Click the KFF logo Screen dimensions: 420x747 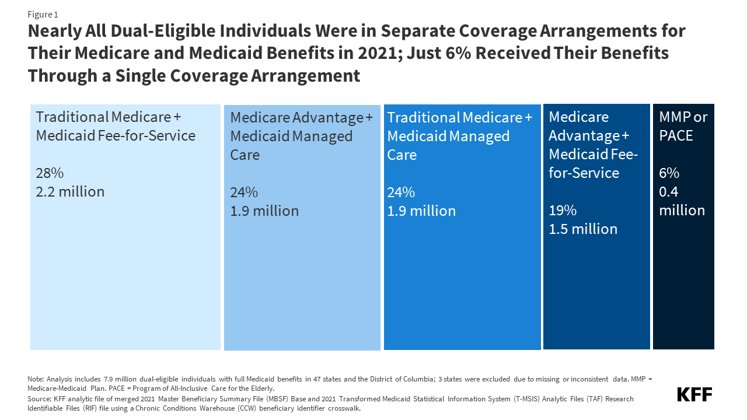pos(694,394)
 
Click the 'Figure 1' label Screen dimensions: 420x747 pos(43,15)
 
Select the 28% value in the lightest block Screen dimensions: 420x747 pos(50,173)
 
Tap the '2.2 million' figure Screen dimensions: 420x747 pos(70,191)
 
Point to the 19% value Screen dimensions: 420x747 pos(563,210)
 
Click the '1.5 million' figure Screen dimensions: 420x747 pos(583,229)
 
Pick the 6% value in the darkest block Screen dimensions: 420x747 pos(669,173)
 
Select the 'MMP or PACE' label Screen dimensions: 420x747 pos(683,127)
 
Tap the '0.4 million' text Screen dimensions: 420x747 pos(682,201)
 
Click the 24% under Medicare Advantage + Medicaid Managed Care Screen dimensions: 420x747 pos(244,192)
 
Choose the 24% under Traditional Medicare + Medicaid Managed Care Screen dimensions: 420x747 pos(401,192)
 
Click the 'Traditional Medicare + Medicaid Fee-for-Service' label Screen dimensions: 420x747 pos(116,127)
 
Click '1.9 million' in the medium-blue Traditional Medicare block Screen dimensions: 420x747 pos(421,211)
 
